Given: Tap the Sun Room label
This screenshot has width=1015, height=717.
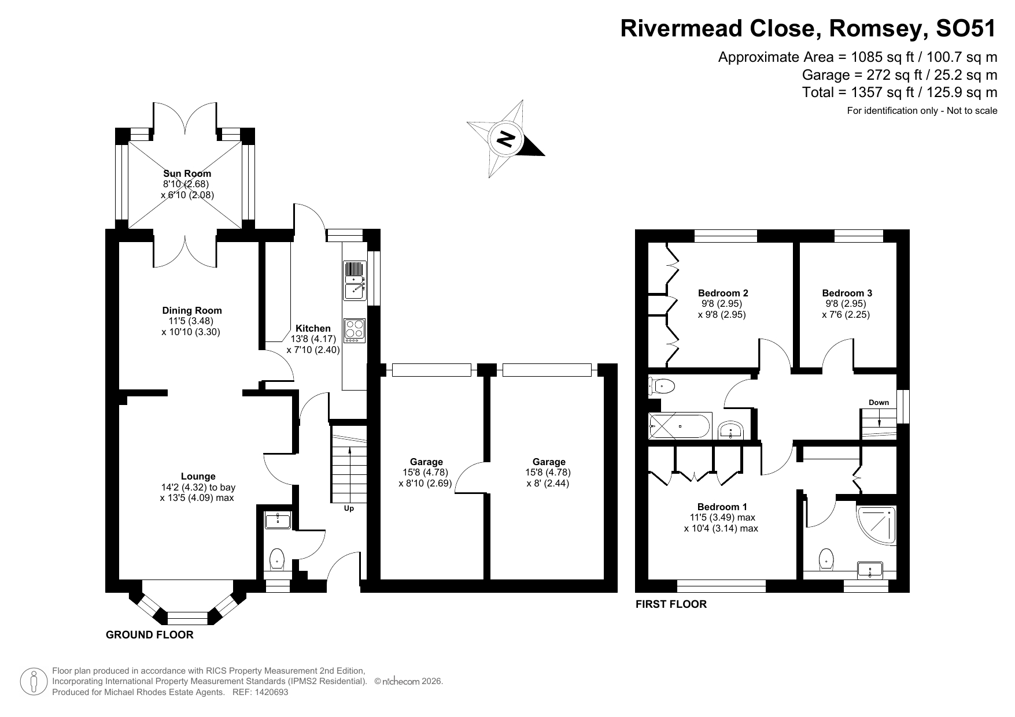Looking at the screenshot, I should tap(187, 173).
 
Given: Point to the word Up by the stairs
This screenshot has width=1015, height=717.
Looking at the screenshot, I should tap(349, 508).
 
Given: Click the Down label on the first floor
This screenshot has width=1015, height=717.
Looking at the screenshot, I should tap(879, 402).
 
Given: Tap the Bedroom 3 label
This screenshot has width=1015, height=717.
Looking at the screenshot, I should tap(847, 293).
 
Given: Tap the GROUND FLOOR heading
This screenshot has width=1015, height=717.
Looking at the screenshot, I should tap(149, 635).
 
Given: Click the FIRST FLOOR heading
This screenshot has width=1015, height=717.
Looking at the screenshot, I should tap(671, 604).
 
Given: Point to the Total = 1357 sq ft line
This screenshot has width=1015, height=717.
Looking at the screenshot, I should tap(899, 92).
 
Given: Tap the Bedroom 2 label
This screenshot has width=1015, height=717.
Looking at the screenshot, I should tap(723, 293).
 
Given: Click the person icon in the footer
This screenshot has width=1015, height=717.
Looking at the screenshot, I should tap(34, 682).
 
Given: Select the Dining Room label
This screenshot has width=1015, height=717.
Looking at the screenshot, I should tap(191, 310).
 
